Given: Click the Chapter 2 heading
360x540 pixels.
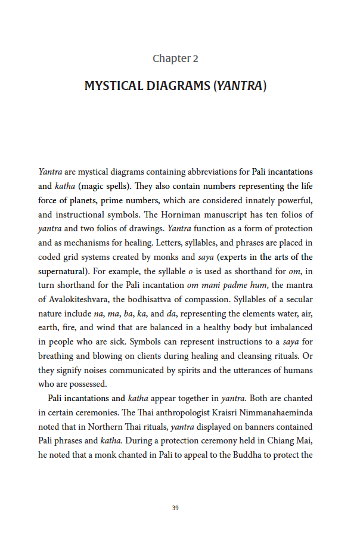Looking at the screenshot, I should [x=175, y=58].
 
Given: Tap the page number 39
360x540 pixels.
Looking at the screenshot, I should [x=175, y=508].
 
